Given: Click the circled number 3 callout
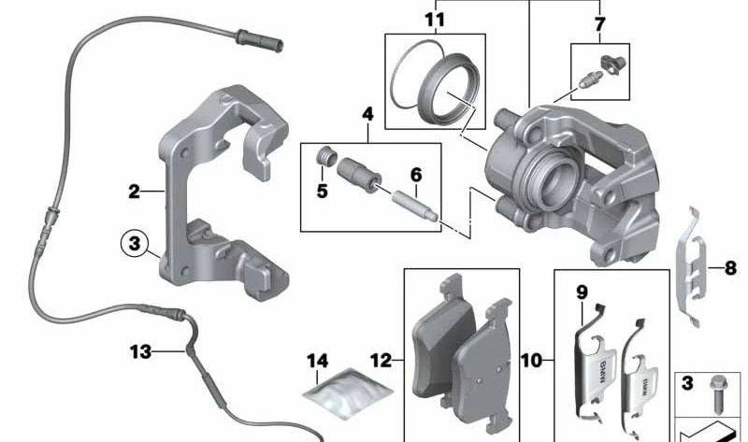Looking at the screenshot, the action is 135,243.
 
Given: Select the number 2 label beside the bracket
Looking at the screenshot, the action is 134,192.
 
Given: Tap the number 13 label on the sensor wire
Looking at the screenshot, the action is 141,352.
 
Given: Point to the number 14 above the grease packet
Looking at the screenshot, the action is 317,361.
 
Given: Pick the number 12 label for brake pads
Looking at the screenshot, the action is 381,361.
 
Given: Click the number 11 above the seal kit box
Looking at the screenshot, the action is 435,21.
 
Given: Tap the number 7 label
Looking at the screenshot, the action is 599,24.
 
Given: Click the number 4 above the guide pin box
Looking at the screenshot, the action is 367,114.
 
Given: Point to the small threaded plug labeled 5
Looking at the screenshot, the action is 326,157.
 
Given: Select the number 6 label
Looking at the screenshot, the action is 416,175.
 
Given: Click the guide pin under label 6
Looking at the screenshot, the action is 414,206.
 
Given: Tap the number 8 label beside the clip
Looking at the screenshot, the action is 730,268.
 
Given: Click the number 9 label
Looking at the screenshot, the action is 582,292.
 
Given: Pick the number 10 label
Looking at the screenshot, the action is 531,361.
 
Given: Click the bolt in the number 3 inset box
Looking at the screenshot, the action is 716,394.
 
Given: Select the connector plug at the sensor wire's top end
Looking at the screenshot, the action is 260,39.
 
